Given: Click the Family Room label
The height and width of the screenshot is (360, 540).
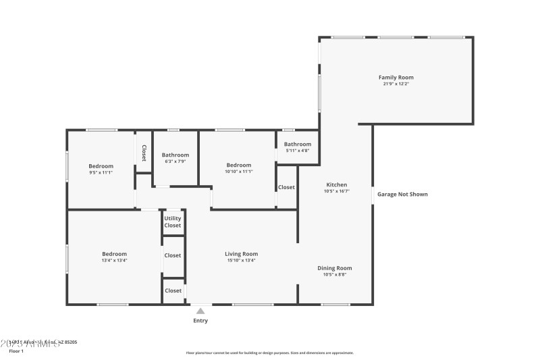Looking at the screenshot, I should click(396, 78).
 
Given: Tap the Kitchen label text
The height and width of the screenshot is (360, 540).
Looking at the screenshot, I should click(337, 185).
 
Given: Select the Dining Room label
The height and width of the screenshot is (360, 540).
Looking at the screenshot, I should click(335, 268).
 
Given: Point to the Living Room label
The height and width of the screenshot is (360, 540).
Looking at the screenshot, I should click(241, 254).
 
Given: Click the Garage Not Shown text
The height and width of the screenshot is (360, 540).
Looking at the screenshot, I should click(402, 195).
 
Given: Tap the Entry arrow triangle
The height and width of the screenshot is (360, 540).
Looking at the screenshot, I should click(200, 311).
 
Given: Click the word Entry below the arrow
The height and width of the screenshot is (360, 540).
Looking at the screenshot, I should click(200, 321).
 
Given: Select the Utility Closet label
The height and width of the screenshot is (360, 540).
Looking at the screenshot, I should click(173, 222).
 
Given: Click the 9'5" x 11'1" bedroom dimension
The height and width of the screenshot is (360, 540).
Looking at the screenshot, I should click(101, 172).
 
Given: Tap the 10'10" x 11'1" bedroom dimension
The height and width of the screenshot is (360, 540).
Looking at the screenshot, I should click(239, 172).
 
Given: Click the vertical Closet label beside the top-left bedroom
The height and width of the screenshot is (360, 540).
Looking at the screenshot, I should click(144, 153).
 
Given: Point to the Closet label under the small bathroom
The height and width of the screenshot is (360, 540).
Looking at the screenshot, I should click(286, 187).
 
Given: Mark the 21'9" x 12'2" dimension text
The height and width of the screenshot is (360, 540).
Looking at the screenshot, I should click(396, 84).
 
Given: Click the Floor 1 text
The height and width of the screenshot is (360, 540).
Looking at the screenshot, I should click(16, 351).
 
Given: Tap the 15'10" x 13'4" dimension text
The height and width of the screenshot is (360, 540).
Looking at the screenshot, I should click(241, 260).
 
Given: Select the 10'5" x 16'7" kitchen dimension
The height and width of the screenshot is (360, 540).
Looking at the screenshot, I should click(337, 191).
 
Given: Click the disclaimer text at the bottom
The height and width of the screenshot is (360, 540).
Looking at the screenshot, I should click(269, 353).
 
